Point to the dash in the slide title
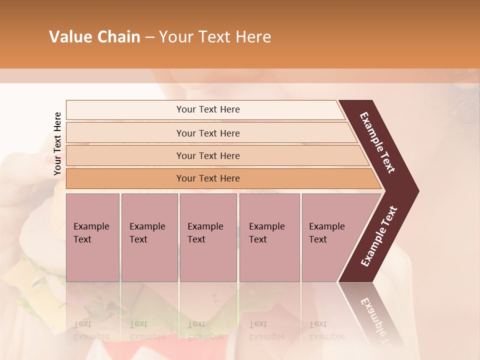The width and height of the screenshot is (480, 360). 149,37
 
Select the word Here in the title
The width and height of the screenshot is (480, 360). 253,37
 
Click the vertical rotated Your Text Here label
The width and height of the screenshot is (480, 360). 57,143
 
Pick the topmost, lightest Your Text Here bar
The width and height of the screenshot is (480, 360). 208,109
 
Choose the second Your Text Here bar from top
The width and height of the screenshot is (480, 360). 208,133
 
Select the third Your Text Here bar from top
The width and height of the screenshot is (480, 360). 208,155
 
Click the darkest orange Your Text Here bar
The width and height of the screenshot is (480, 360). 208,178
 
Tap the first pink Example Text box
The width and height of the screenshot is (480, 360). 92,237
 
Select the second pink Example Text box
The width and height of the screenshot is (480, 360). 149,237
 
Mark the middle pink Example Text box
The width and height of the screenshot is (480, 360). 208,237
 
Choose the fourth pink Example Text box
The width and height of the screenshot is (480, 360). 269,237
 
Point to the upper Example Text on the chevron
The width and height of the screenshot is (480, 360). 377,142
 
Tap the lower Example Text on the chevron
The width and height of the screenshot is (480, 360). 378,236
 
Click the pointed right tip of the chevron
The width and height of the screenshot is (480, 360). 416,191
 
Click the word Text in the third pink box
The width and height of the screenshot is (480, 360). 196,239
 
